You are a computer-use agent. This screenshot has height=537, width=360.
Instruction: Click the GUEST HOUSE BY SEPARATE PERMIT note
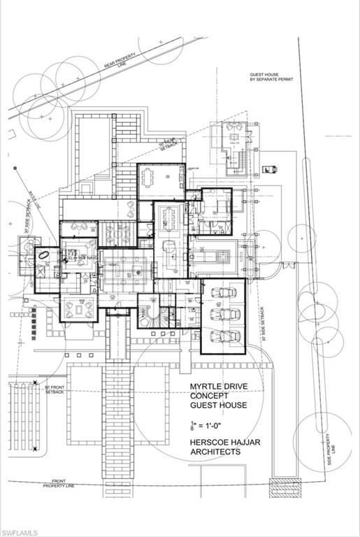click(x=271, y=77)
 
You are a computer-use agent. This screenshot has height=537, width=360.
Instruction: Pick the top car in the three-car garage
click(x=223, y=292)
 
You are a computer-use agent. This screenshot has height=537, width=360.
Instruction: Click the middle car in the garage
click(x=223, y=313)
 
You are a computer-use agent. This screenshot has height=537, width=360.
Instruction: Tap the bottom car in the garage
click(x=223, y=336)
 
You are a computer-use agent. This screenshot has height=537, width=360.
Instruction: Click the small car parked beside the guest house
click(x=268, y=169)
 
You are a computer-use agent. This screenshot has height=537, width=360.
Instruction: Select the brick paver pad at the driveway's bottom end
click(x=284, y=487)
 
